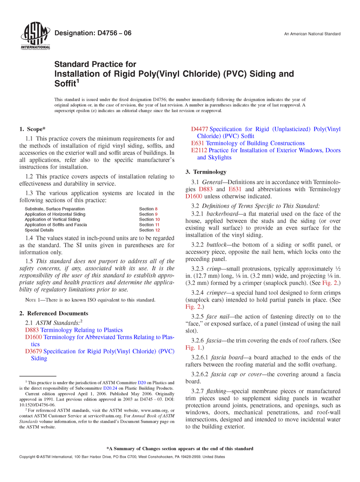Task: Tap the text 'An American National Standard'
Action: pos(312,34)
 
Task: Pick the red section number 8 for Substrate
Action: pos(156,209)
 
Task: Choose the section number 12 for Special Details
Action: pos(157,230)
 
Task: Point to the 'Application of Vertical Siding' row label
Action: pos(52,219)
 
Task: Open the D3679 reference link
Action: pos(34,351)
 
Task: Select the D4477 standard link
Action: pos(200,129)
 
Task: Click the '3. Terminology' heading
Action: pos(206,172)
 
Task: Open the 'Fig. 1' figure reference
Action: pos(192,347)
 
